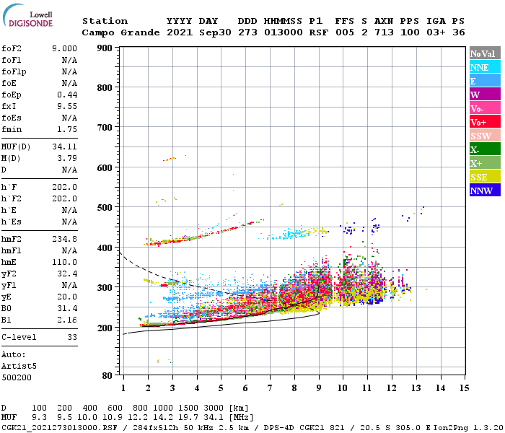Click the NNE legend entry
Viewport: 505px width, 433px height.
[x=485, y=67]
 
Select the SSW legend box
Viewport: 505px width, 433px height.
[x=485, y=136]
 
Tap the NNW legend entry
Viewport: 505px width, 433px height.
[x=485, y=191]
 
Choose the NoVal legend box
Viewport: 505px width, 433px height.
[x=485, y=53]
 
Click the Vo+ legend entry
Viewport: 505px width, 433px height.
[x=485, y=122]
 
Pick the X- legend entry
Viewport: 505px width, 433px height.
[x=485, y=149]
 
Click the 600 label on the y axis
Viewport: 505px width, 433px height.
[x=104, y=167]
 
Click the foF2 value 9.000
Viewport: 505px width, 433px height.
[x=63, y=48]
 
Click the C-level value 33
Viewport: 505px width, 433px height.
[x=71, y=337]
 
